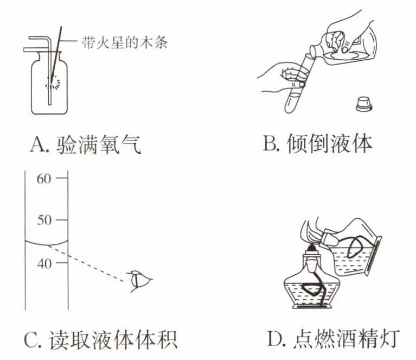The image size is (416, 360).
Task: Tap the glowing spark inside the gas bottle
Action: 54,81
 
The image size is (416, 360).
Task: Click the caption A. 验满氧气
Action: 86,145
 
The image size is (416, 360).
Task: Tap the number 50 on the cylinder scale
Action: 44,220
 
